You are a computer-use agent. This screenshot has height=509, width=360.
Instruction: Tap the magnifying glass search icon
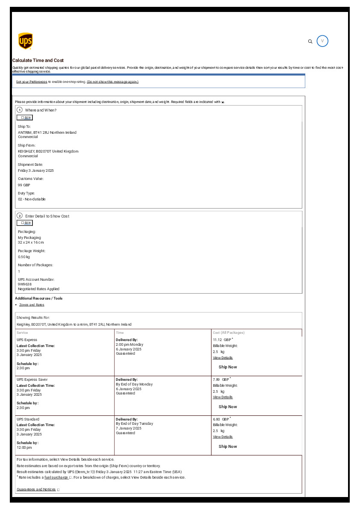coord(310,41)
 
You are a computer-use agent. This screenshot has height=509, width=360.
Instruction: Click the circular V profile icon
coord(322,41)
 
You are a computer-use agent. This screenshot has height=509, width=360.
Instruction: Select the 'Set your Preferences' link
coord(32,82)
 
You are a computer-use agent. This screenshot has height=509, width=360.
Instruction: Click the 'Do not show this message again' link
coord(112,82)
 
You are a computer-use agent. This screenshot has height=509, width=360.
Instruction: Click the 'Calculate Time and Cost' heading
coord(38,61)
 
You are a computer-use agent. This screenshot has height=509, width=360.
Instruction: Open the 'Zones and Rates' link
coord(32,305)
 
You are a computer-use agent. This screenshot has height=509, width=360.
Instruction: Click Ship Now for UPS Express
coord(227,367)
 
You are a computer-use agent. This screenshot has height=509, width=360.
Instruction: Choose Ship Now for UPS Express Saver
coord(227,407)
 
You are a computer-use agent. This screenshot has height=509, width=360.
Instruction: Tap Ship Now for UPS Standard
coord(227,447)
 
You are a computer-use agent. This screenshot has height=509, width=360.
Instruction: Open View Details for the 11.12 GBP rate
coord(223,358)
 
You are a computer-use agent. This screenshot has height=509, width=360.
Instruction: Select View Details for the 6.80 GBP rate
coord(223,437)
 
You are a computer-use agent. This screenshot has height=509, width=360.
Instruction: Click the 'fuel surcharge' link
coord(56,477)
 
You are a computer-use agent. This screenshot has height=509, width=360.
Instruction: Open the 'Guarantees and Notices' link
coord(36,489)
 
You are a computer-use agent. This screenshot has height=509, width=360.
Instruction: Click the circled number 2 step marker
coord(20,216)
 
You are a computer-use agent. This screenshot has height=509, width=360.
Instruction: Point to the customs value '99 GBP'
coord(24,185)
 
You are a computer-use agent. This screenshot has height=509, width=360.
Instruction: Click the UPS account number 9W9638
coord(25,284)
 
